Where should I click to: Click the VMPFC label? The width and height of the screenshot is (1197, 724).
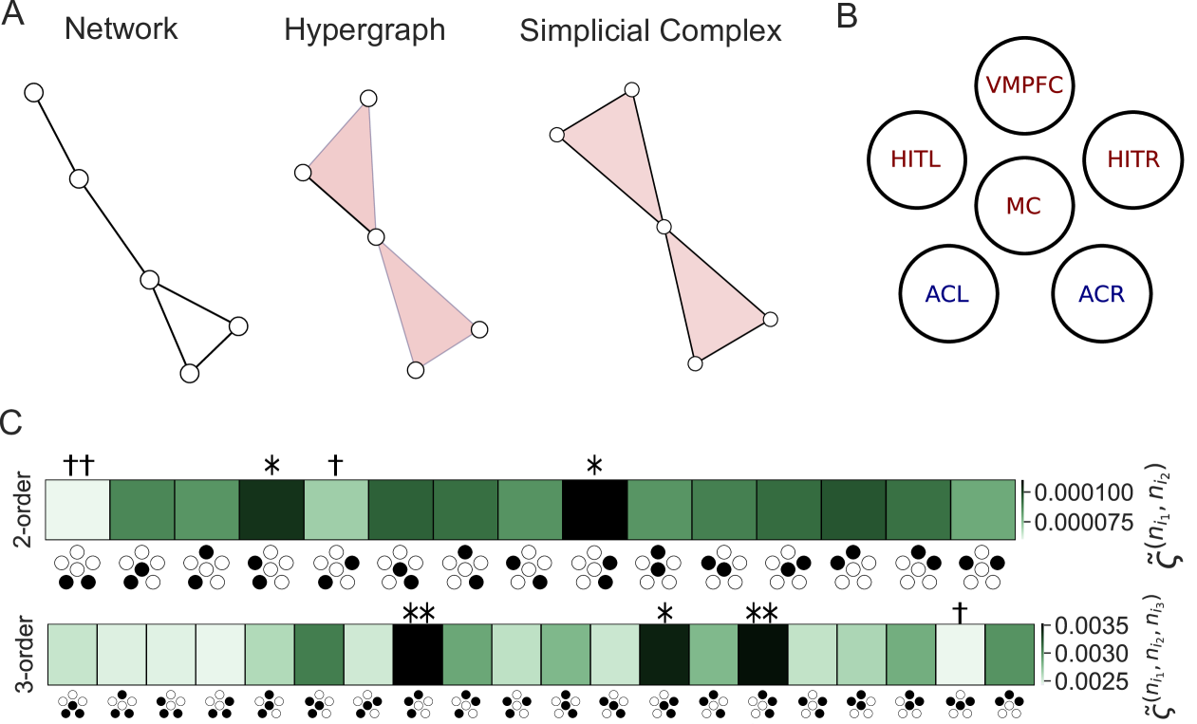point(1024,86)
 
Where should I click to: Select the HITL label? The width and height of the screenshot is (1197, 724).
point(915,160)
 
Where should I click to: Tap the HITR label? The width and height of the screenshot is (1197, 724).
point(1133,160)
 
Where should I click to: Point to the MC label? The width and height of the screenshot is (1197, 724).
point(1023,206)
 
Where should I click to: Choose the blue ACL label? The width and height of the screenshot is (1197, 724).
point(947,295)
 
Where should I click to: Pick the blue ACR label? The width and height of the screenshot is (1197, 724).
point(1101,295)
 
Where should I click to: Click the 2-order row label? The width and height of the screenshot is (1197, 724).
point(23,510)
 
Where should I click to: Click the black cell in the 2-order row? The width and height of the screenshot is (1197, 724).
point(594,510)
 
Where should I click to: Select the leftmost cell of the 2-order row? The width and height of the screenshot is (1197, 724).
point(77,510)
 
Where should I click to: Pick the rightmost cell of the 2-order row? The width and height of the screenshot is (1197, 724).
point(982,510)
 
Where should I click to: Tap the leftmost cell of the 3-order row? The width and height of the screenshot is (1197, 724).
point(71,654)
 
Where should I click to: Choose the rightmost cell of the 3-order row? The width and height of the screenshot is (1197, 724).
point(1010,654)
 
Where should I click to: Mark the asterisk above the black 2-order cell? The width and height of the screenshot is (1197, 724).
point(595,467)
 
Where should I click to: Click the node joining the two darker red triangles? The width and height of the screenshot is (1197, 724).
point(375,237)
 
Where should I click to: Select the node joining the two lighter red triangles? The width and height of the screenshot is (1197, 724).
point(664,227)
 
